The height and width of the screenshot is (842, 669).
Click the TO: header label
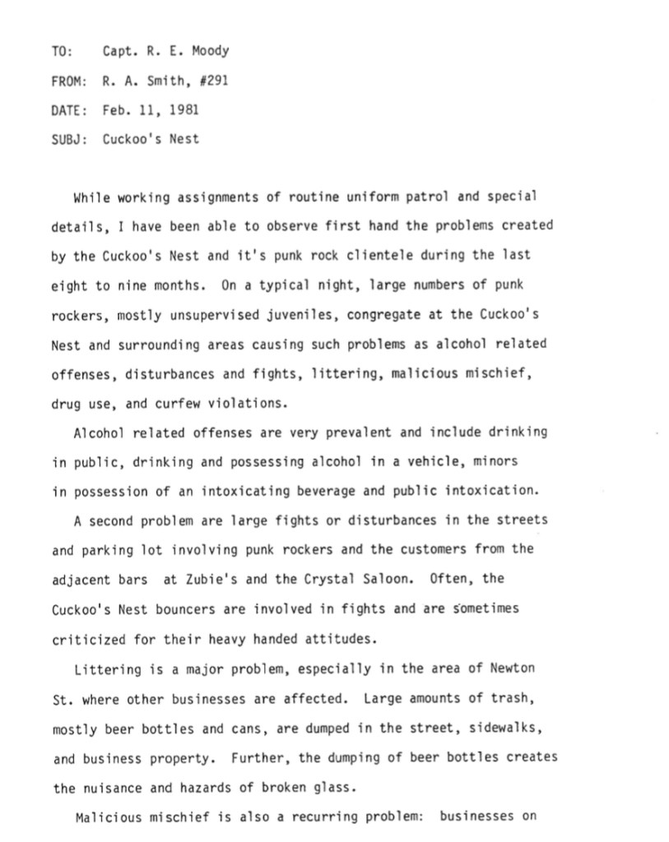click(x=62, y=51)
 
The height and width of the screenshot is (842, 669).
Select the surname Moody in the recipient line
click(x=211, y=51)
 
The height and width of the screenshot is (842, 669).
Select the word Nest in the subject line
click(x=184, y=139)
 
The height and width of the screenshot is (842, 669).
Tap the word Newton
click(x=513, y=669)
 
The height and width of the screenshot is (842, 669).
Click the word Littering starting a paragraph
click(x=107, y=669)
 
